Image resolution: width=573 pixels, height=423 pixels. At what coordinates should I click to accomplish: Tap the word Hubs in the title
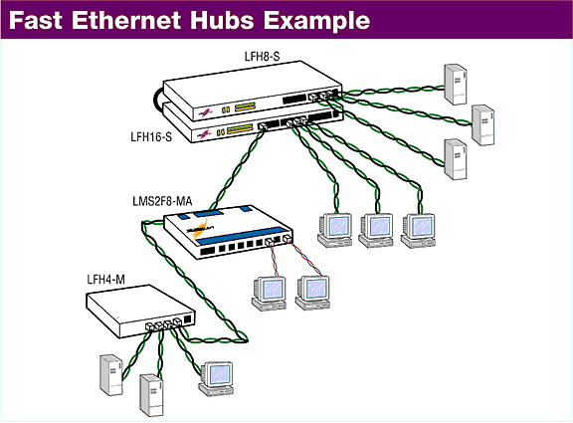[222, 20]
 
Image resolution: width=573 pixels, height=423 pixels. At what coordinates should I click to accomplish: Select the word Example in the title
[316, 22]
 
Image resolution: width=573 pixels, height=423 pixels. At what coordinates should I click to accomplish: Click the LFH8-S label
[262, 57]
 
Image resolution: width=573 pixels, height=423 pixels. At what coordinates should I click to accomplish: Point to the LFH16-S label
[151, 137]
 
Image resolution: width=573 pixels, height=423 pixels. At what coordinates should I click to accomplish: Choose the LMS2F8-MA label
[162, 201]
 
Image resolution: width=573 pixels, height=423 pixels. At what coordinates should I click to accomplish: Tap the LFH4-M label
[106, 280]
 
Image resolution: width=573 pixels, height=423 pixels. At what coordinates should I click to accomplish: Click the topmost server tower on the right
[455, 85]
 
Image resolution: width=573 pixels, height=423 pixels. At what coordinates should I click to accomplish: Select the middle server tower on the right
[482, 125]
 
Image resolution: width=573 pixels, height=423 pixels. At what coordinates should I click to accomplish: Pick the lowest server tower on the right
[456, 159]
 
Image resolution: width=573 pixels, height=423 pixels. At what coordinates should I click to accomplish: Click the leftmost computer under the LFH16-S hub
[335, 230]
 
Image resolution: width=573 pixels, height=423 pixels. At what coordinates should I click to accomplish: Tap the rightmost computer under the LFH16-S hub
[419, 231]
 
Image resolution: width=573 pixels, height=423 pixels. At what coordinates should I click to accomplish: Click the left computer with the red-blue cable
[269, 294]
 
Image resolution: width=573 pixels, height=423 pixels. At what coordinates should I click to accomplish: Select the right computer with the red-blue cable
[312, 293]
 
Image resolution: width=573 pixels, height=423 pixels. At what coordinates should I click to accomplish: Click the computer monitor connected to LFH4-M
[216, 379]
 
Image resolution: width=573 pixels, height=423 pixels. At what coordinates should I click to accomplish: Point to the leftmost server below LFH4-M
[111, 375]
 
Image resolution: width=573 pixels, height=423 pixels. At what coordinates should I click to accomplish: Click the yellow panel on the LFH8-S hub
[245, 106]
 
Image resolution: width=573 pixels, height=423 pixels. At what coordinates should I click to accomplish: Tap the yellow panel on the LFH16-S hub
[240, 129]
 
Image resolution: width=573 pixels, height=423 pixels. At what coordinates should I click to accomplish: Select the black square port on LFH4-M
[188, 318]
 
